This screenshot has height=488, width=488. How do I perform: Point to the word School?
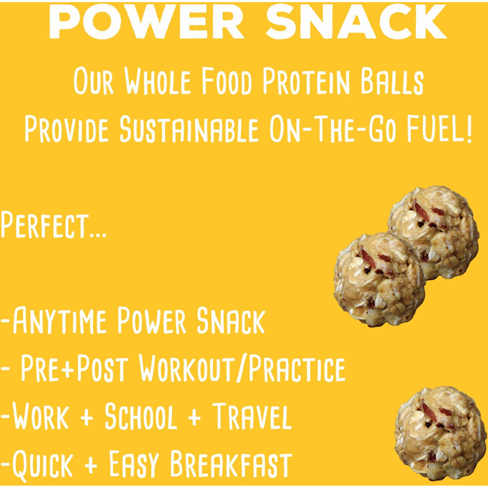click(x=141, y=416)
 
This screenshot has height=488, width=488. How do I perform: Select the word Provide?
click(x=66, y=129)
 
